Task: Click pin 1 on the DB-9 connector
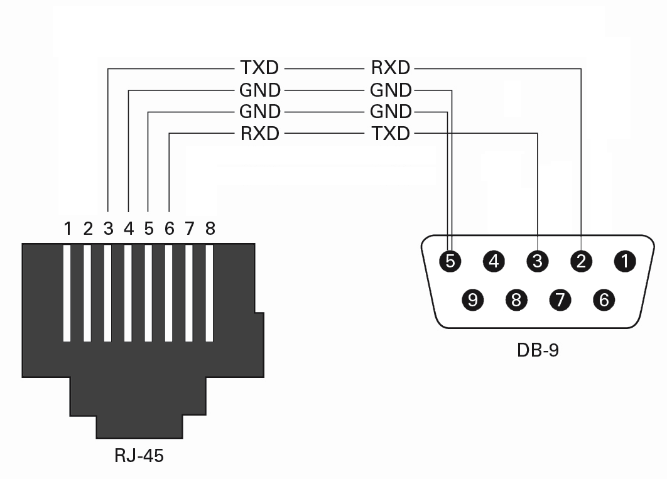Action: tap(626, 261)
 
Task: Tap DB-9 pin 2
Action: tap(582, 261)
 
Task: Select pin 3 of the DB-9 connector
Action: tap(538, 261)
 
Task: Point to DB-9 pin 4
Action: tap(494, 261)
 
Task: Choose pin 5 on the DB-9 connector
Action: tap(450, 261)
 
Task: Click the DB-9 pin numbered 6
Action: tap(604, 300)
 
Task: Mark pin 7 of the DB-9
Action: tap(560, 300)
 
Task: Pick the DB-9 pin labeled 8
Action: tap(516, 300)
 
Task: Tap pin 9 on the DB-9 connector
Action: tap(473, 300)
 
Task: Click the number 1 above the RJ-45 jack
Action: tap(68, 229)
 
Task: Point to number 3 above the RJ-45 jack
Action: tap(108, 229)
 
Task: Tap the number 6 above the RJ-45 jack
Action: tap(169, 229)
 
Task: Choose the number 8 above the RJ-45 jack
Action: tap(210, 229)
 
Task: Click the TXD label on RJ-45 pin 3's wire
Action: tap(259, 68)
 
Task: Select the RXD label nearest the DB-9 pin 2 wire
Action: tap(390, 68)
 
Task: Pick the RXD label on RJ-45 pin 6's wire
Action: tap(259, 134)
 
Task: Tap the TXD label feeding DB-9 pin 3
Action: tap(390, 134)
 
